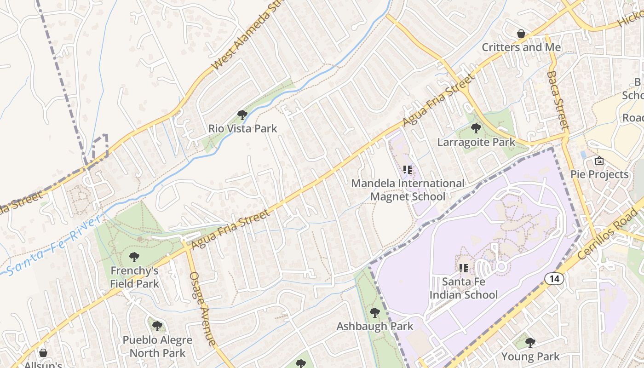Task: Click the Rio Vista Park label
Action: point(243,128)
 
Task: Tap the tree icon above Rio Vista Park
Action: point(242,115)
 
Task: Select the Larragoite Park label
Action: point(476,142)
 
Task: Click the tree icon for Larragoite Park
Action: point(476,128)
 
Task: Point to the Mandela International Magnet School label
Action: point(408,190)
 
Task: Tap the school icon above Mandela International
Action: point(407,170)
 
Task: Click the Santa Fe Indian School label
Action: point(463,288)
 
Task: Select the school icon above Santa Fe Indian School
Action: point(463,268)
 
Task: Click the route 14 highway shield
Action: point(554,278)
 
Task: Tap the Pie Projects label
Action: point(599,174)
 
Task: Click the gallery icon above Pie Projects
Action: point(599,161)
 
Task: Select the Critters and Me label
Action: point(521,47)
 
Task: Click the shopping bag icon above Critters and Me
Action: point(521,34)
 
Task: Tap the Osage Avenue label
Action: point(202,308)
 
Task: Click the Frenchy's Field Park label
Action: point(134,277)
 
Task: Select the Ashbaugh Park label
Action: point(375,326)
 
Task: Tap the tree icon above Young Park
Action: point(530,343)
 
